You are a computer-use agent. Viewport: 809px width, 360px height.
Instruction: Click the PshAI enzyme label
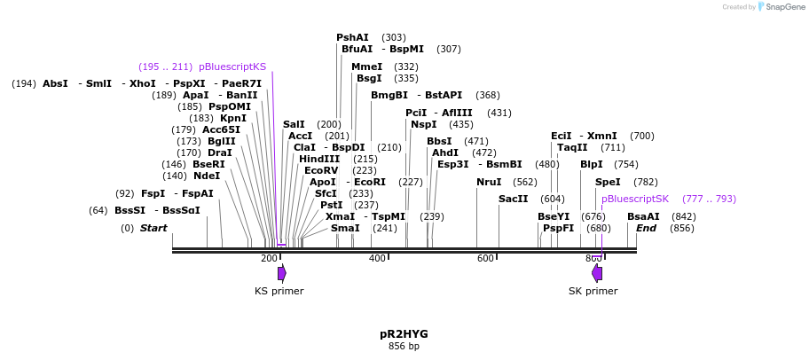352,37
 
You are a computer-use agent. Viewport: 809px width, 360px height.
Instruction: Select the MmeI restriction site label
366,67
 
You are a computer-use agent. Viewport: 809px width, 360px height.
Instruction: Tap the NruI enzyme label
489,182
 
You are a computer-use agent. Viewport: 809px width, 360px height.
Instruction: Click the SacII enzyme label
513,199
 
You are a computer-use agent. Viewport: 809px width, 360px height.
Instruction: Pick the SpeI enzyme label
608,182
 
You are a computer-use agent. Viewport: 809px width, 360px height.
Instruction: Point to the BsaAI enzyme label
643,216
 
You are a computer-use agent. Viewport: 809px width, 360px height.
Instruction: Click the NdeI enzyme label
207,176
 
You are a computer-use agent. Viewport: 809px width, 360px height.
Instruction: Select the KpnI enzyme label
233,118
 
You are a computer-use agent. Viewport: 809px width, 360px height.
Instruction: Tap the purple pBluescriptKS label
232,67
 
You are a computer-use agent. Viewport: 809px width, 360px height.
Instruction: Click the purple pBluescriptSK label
635,199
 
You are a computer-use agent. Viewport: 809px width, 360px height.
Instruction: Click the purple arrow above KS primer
282,273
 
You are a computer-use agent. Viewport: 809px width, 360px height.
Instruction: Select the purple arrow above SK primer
597,273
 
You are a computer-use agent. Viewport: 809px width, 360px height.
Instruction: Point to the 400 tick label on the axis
377,258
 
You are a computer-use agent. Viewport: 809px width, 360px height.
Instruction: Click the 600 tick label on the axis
485,258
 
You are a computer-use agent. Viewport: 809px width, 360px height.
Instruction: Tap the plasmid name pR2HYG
404,334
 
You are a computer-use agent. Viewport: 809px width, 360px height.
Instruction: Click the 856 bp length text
404,346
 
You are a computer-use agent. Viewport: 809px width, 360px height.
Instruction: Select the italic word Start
153,228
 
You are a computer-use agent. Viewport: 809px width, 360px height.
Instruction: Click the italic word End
646,228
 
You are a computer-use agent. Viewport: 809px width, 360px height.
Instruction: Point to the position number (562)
525,182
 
